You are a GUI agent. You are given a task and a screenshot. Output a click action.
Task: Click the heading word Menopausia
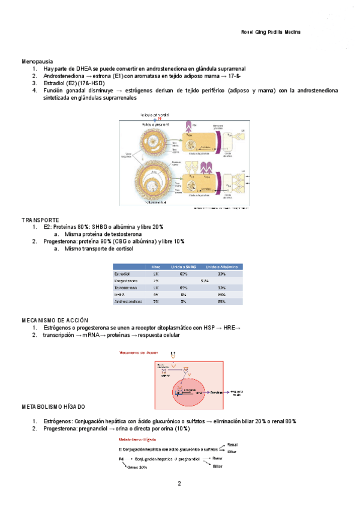pyautogui.click(x=37, y=61)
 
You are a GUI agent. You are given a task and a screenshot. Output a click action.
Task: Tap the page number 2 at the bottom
pyautogui.click(x=179, y=484)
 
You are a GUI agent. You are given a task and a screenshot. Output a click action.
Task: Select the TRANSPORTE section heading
pyautogui.click(x=40, y=220)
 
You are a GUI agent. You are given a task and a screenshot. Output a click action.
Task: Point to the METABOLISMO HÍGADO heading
pyautogui.click(x=53, y=407)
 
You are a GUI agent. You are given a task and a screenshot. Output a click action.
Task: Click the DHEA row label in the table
pyautogui.click(x=119, y=295)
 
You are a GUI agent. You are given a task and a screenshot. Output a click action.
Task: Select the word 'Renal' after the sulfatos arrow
pyautogui.click(x=233, y=445)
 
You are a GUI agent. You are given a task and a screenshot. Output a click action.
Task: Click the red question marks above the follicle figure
pyautogui.click(x=160, y=118)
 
